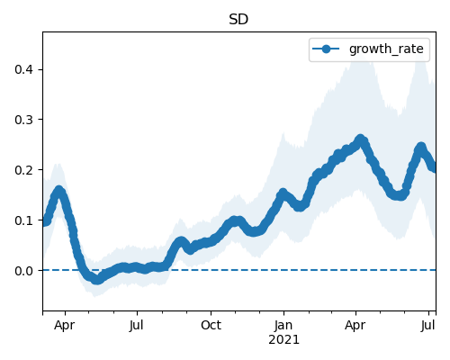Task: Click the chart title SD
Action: pos(238,20)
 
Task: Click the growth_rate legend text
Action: pos(386,49)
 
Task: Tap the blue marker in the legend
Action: pos(326,49)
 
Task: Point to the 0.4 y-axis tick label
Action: pos(23,69)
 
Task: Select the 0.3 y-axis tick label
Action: pos(23,120)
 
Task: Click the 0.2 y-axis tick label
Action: pos(23,170)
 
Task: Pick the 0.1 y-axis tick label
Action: pos(23,220)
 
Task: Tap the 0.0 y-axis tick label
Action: pos(23,271)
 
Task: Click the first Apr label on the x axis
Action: pos(65,326)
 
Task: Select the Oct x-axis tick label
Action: pos(211,325)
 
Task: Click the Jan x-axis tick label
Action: pos(283,325)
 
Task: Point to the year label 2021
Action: pos(283,340)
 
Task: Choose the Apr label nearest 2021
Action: pos(355,326)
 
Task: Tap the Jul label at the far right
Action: pos(428,325)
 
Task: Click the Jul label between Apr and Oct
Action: pos(137,325)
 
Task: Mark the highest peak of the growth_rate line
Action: pos(360,139)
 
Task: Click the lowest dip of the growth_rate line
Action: pos(96,280)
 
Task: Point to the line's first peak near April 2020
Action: pos(59,191)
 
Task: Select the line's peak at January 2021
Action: pos(283,193)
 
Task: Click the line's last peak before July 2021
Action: pos(421,148)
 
